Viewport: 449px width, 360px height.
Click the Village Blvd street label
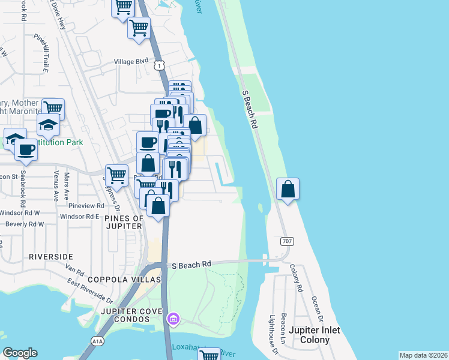(131, 61)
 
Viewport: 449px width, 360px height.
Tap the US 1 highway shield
(160, 64)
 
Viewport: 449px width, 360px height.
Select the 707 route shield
(286, 241)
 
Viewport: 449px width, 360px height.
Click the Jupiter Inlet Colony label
(314, 335)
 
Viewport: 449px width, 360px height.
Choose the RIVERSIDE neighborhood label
(50, 256)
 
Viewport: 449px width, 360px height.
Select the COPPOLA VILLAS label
(124, 280)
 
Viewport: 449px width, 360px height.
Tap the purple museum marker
(173, 317)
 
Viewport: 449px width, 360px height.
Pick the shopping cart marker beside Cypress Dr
(116, 175)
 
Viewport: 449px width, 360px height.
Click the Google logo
(20, 353)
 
